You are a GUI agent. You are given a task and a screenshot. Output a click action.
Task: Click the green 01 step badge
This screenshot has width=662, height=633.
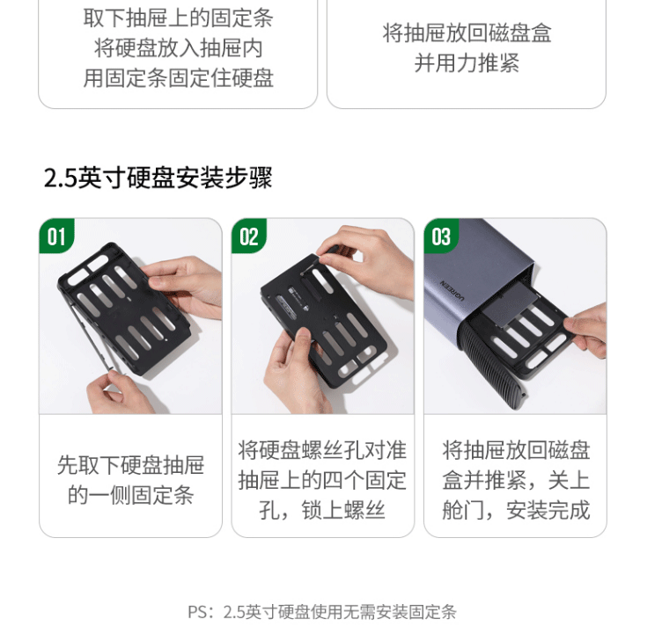pyautogui.click(x=56, y=236)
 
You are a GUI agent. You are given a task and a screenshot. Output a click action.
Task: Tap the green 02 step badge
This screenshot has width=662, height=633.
pyautogui.click(x=249, y=236)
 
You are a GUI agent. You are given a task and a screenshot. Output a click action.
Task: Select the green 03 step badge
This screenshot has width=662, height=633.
pyautogui.click(x=441, y=236)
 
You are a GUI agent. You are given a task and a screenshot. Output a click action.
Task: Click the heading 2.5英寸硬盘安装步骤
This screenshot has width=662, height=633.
pyautogui.click(x=158, y=178)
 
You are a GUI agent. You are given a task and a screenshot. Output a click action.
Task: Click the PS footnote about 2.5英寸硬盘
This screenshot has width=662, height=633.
pyautogui.click(x=322, y=612)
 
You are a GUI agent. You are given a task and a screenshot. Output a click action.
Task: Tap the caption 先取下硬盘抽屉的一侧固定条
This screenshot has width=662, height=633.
pyautogui.click(x=131, y=480)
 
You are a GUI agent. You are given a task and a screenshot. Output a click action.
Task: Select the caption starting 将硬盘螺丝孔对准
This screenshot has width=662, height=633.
pyautogui.click(x=322, y=480)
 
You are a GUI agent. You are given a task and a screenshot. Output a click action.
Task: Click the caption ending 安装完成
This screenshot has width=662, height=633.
pyautogui.click(x=516, y=480)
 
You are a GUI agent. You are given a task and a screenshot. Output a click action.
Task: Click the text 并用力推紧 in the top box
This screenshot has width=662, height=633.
pyautogui.click(x=467, y=63)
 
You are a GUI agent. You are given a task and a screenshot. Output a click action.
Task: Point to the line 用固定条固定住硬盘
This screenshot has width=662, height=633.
pyautogui.click(x=179, y=78)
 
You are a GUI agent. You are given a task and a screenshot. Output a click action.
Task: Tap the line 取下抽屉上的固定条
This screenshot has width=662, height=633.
pyautogui.click(x=179, y=18)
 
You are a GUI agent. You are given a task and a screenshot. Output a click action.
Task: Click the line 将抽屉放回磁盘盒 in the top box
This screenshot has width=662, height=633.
pyautogui.click(x=467, y=33)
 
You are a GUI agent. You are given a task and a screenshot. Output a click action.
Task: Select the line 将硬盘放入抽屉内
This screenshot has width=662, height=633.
pyautogui.click(x=179, y=48)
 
